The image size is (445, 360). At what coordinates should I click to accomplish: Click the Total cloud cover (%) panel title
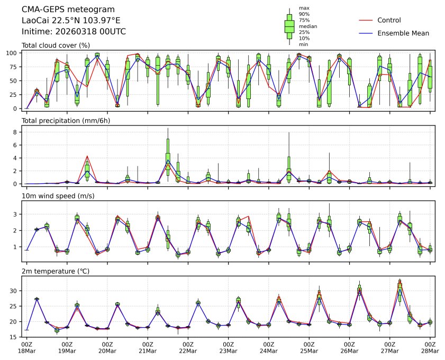coord(56,46)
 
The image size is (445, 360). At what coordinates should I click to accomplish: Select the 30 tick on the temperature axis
coord(14,291)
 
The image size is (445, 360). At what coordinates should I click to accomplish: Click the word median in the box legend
coord(308,26)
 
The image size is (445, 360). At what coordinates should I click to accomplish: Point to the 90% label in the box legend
coord(304,14)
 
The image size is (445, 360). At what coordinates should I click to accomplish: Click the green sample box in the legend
coord(289,26)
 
